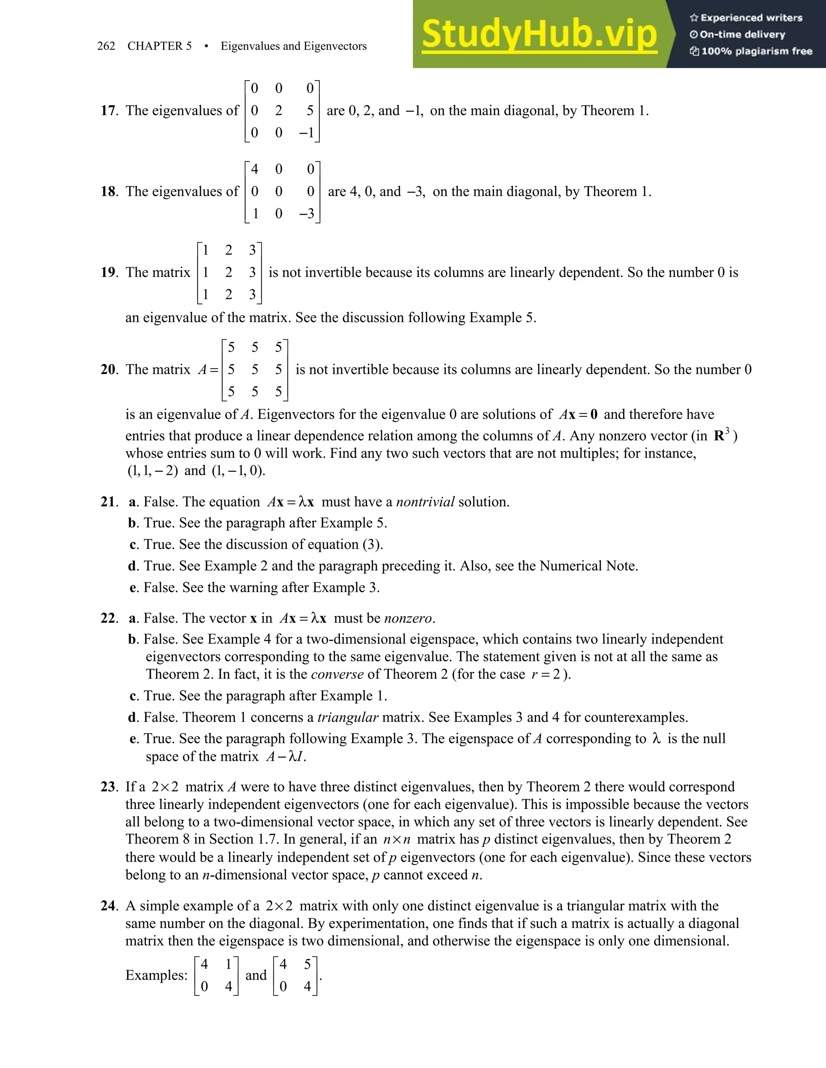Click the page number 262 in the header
point(106,46)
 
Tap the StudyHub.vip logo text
point(539,35)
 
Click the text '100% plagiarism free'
point(756,51)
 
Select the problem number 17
point(108,110)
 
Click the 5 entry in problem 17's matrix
point(310,110)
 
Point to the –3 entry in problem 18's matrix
point(307,214)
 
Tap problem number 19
point(108,272)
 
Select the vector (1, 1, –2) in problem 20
point(153,471)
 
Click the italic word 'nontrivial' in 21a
point(425,502)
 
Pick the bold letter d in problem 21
point(133,566)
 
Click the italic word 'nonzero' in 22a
point(408,618)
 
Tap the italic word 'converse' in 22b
point(337,674)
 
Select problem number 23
point(108,787)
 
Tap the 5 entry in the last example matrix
point(307,964)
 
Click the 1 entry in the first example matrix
point(228,964)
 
